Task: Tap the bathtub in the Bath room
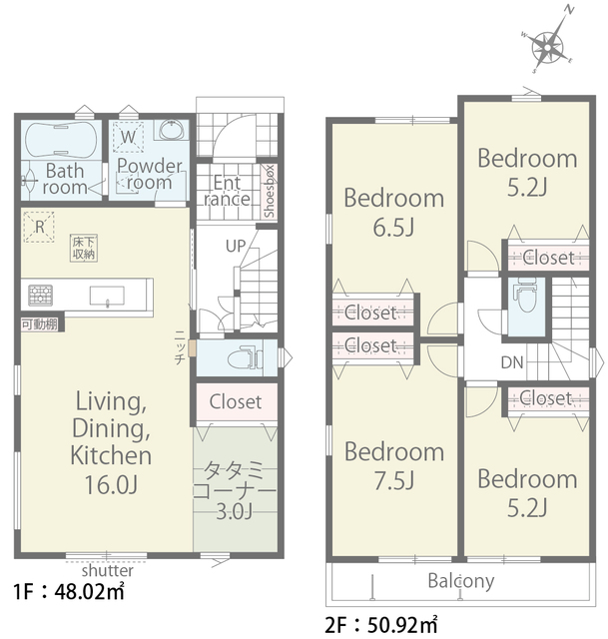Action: tap(61, 139)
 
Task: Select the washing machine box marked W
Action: tap(128, 137)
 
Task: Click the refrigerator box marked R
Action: tap(39, 227)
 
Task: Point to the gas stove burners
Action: tap(40, 296)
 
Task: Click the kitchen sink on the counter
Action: tap(107, 296)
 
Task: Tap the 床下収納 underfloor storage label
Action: tap(84, 248)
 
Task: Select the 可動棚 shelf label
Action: tap(40, 324)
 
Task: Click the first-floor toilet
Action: tap(245, 358)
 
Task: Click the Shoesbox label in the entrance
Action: tap(270, 192)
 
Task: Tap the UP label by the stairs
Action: tap(236, 247)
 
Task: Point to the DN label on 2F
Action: tap(512, 362)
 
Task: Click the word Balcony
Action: tap(461, 581)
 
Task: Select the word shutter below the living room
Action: tap(107, 570)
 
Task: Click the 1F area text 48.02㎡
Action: tap(89, 592)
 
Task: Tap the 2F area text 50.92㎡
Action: tap(402, 625)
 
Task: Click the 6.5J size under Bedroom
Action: tap(393, 228)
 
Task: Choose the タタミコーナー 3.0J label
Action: tap(234, 490)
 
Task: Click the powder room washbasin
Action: tap(172, 130)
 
